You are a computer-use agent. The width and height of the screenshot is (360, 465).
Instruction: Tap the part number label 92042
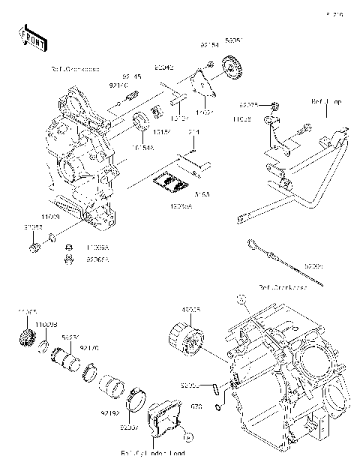[164, 67]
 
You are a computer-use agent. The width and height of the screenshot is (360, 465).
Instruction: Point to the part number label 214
[193, 133]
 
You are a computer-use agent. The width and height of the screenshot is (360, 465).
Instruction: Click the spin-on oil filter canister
[189, 334]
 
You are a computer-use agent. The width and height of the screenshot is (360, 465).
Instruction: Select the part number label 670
[197, 406]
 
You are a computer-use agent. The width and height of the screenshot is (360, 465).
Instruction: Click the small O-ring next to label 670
[216, 406]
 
